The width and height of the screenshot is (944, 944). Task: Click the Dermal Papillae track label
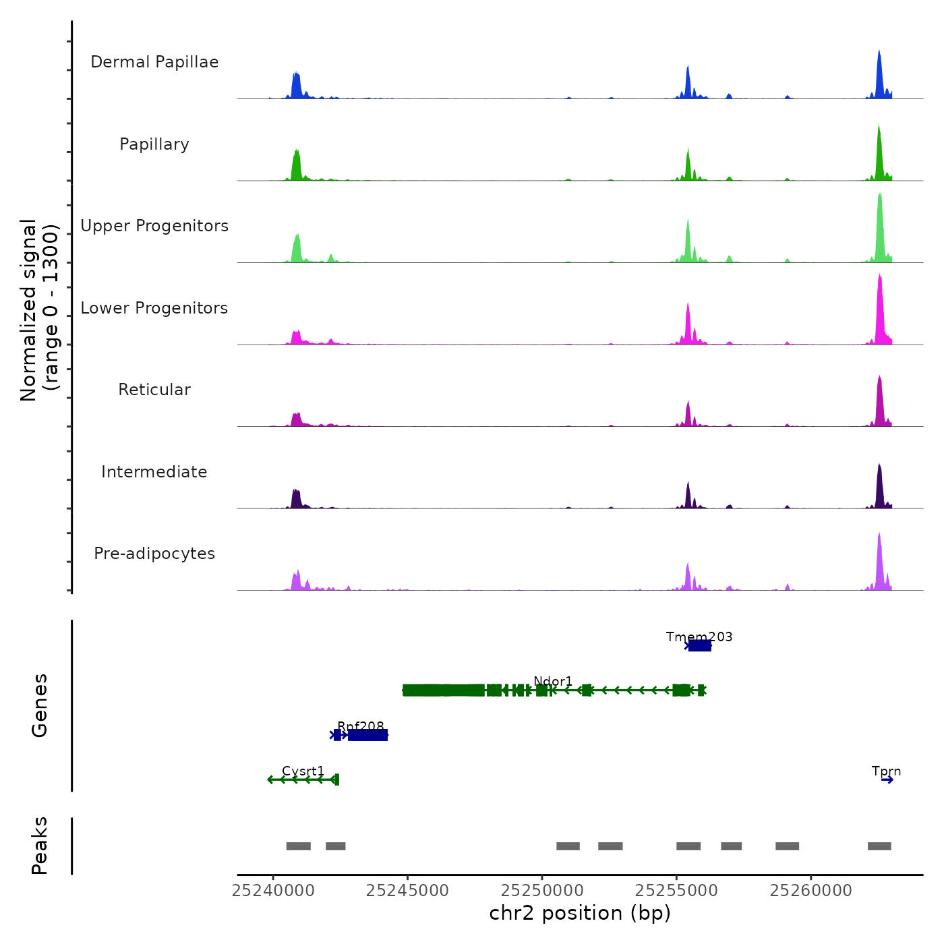(154, 62)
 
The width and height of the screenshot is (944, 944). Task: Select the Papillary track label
(154, 144)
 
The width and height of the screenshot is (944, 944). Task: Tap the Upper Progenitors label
(154, 226)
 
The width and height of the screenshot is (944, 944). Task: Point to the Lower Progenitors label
(154, 308)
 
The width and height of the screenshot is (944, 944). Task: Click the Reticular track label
(154, 390)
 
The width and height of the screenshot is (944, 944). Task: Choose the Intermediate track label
(154, 472)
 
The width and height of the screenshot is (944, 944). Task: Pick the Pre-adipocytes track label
(154, 554)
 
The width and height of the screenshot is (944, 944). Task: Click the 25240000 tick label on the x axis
(273, 891)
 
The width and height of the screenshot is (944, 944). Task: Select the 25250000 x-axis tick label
(542, 891)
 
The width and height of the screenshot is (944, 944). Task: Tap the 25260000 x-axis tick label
(811, 891)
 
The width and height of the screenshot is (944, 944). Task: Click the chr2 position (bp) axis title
(580, 913)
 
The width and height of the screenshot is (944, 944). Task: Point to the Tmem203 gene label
(699, 637)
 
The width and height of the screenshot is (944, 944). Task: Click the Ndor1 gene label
(553, 681)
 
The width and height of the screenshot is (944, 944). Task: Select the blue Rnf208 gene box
(367, 735)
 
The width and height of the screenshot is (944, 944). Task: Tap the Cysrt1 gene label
(303, 771)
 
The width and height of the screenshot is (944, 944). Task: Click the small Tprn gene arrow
(887, 780)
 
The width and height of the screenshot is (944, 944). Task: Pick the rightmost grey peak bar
(879, 846)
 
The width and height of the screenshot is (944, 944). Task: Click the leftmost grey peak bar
(298, 846)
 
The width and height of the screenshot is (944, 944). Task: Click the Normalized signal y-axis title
(39, 310)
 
